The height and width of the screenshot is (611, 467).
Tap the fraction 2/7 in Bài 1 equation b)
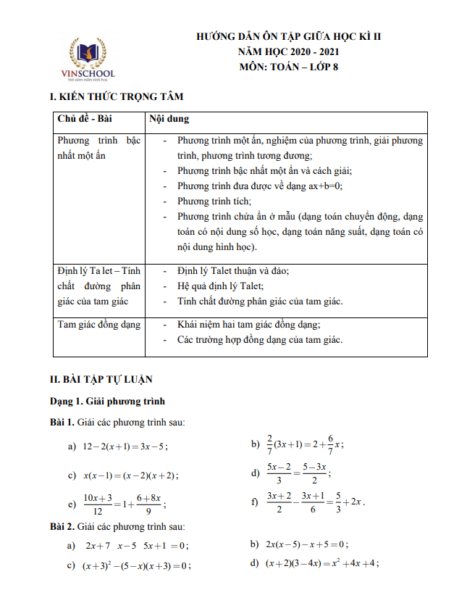[269, 444]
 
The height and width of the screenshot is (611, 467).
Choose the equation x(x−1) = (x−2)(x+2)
[130, 475]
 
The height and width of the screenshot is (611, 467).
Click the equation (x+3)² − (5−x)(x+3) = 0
[136, 565]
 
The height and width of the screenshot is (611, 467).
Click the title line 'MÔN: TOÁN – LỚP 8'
[289, 67]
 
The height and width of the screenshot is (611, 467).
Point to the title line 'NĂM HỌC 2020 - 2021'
[289, 51]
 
